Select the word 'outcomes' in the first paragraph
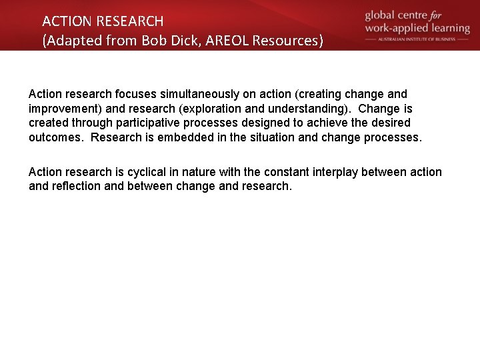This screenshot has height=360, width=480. point(57,137)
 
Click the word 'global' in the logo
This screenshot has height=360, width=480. point(383,15)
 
